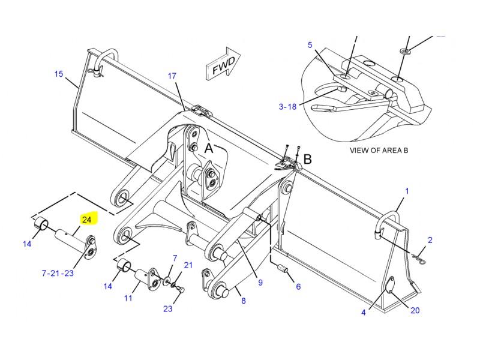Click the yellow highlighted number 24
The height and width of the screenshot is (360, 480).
(87, 220)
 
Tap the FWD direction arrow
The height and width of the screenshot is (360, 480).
(223, 64)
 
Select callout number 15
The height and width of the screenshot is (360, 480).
(59, 74)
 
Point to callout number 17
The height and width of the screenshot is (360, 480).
(172, 76)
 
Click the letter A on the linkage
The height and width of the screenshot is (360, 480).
(208, 148)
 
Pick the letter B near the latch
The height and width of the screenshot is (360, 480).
(307, 159)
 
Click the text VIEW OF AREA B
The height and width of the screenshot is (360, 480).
(379, 151)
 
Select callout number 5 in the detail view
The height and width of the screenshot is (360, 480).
(310, 45)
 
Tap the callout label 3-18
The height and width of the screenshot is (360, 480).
(287, 107)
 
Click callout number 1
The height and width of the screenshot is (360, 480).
(407, 191)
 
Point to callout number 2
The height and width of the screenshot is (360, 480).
(430, 240)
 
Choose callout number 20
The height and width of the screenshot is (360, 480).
(415, 310)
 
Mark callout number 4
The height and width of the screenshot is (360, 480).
(364, 312)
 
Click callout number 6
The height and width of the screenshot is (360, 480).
(298, 287)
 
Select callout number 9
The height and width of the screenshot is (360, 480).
(260, 282)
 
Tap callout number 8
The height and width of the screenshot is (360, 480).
(244, 301)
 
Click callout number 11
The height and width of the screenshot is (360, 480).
(128, 298)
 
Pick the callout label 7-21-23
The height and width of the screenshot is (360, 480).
(58, 273)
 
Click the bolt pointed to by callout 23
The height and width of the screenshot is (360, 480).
(181, 289)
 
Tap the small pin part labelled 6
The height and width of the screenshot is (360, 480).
(283, 269)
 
